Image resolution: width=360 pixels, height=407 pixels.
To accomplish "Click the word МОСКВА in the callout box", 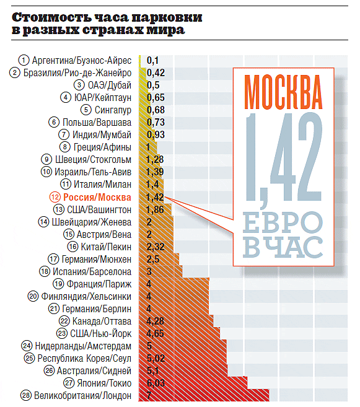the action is pos(283,92).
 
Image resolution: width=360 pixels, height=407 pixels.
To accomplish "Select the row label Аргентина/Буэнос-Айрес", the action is pos(82,61).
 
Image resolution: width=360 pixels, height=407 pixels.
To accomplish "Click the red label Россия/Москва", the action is pos(97,197).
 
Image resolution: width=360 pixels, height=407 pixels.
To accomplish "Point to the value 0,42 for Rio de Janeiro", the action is pos(156,72).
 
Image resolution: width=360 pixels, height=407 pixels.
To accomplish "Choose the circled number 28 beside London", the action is pos(26,396).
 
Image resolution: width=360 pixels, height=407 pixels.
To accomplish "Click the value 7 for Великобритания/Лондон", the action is pos(149,395).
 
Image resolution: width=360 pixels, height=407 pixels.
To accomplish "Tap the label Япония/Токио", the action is pos(104,383).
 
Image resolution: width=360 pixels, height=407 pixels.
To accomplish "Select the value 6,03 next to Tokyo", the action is pos(156,383).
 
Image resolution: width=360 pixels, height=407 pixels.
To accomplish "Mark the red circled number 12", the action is pos(55,197).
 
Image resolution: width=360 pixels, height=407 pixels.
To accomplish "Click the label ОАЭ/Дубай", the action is pos(110,85).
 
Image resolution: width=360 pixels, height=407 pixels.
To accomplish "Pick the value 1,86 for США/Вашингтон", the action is pos(155,209).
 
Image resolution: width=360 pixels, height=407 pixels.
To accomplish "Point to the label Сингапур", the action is pos(113,110).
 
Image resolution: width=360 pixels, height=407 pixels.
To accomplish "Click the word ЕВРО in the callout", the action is pos(283,222).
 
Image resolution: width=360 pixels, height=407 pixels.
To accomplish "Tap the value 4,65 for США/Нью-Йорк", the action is pos(155,333).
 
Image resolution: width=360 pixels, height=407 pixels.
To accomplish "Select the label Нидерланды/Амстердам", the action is pos(83,346).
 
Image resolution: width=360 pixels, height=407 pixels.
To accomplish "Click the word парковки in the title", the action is pos(167,17).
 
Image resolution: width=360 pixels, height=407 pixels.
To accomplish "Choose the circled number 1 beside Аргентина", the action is pos(24,60).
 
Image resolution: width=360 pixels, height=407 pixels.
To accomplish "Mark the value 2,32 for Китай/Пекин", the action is pos(156,247).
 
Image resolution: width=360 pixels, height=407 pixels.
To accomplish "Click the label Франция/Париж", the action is pos(99,284).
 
